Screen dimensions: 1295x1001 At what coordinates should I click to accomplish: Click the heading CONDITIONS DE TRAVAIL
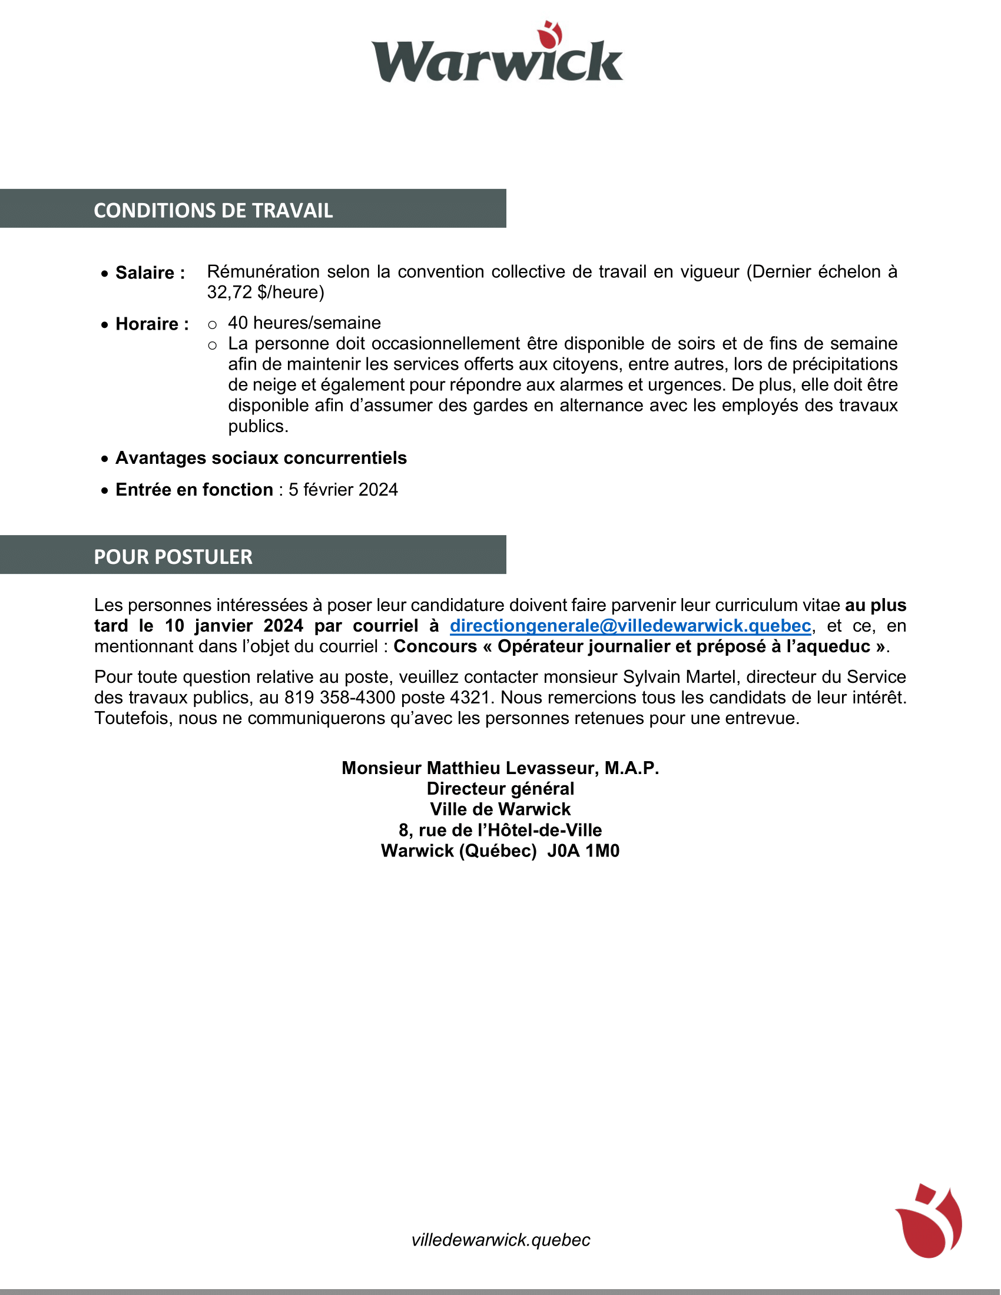213,211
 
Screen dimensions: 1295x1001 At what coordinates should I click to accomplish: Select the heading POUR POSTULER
173,557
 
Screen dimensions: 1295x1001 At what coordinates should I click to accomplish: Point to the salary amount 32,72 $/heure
265,293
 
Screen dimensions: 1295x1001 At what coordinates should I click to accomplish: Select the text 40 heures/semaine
304,323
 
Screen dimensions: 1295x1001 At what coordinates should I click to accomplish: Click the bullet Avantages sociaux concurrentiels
261,458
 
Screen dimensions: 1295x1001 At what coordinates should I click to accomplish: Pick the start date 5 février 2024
343,490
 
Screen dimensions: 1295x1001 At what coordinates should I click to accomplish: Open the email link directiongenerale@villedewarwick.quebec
630,626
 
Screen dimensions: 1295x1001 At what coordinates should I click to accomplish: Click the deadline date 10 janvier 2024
234,626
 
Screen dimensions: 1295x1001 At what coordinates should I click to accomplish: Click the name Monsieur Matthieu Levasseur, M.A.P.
500,768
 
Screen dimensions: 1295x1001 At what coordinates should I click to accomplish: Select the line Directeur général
500,789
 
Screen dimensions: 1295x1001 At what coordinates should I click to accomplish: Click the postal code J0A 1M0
583,852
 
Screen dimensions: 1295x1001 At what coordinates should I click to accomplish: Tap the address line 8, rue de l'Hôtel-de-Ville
500,831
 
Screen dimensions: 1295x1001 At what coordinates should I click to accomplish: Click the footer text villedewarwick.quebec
501,1240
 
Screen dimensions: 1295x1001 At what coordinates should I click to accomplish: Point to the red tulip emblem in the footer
929,1221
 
